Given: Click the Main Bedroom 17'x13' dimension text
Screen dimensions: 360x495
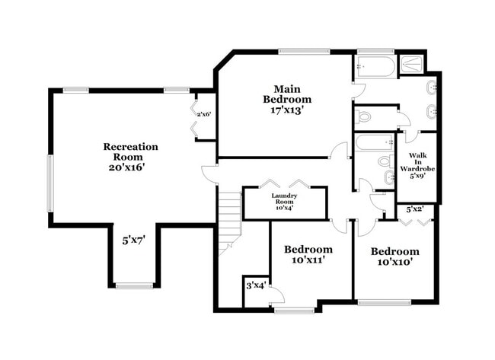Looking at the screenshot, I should click(287, 110).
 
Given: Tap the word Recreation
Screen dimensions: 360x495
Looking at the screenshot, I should click(130, 146).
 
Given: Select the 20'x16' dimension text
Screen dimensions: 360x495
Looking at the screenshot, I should click(130, 167).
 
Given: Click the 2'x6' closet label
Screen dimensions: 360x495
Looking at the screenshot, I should click(203, 114).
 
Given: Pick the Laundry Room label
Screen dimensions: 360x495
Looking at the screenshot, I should click(284, 202).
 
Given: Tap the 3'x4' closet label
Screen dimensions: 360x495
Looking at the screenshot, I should click(254, 285).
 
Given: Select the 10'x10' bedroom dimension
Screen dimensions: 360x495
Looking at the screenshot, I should click(394, 263).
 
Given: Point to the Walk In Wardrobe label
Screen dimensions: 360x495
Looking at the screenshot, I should click(417, 164).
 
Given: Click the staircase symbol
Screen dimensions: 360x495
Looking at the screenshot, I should click(229, 221).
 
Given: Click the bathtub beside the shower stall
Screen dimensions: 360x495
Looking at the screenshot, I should click(375, 66).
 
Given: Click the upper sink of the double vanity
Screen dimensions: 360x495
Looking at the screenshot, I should click(432, 86).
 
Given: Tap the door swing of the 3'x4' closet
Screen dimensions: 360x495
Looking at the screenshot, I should click(277, 296).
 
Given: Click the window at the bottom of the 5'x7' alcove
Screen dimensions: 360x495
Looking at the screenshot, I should click(135, 286).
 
